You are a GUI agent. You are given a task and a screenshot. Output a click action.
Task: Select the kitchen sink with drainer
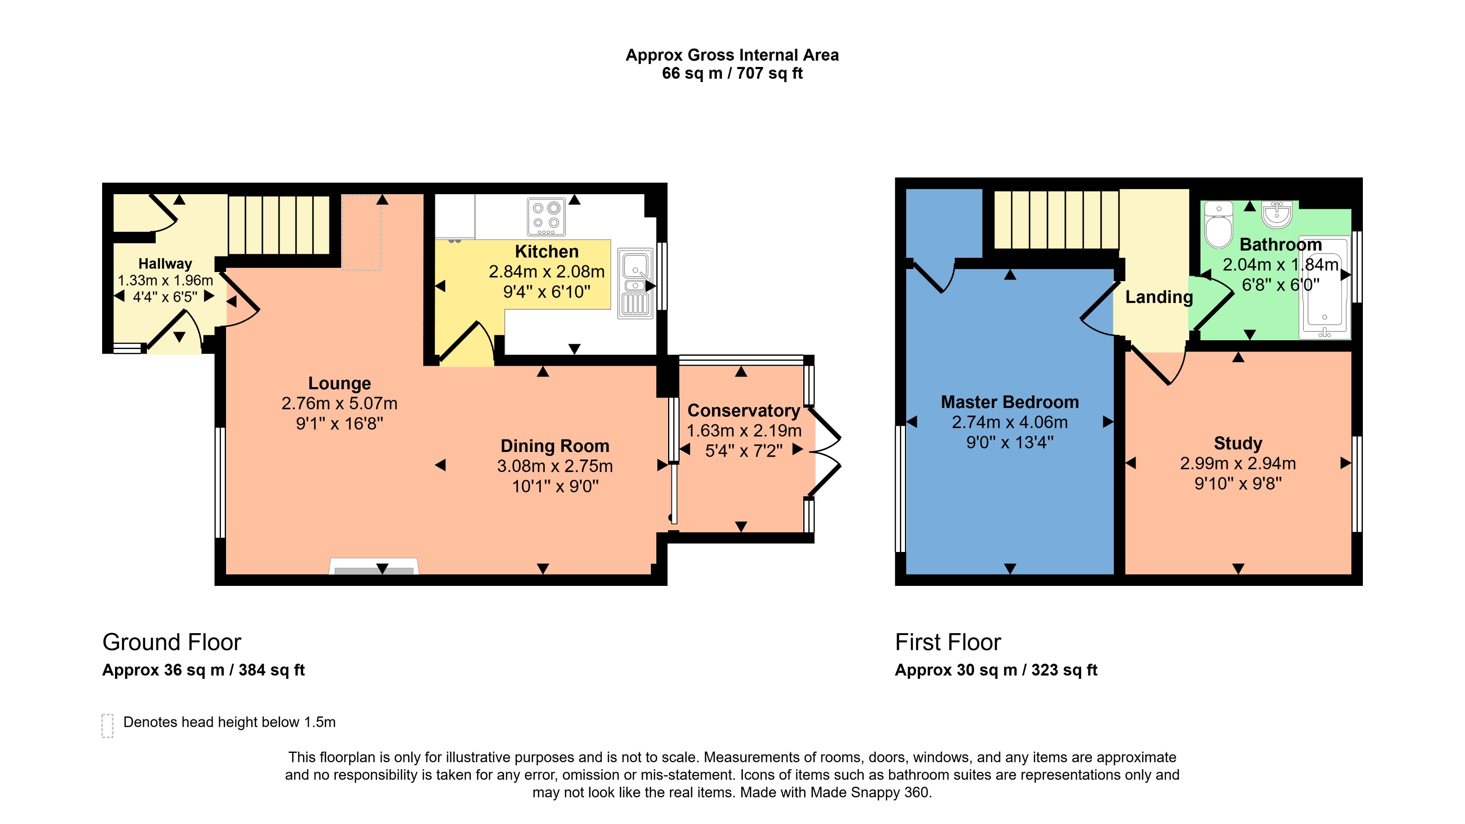point(635,283)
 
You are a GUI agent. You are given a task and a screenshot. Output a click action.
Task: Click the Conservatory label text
point(743,410)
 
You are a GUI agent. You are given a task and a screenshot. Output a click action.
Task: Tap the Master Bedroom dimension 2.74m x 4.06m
point(1010,422)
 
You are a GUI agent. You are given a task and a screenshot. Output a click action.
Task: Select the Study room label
point(1238,443)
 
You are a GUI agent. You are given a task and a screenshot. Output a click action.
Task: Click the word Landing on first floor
point(1159,297)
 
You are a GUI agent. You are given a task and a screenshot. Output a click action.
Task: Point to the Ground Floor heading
point(171,642)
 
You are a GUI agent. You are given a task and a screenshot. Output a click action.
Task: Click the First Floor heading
point(948,642)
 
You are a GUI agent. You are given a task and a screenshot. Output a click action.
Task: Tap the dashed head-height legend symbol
point(108,726)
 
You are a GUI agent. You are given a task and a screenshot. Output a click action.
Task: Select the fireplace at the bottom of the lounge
point(374,567)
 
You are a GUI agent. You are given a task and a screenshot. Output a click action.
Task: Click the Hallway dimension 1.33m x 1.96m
point(165,280)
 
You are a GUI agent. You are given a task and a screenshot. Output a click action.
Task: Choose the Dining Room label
point(555,446)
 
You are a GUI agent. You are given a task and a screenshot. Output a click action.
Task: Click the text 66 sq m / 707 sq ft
point(732,73)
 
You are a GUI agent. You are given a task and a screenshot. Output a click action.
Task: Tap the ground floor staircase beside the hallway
point(279,225)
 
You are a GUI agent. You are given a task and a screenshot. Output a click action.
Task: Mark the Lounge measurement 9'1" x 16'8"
point(339,424)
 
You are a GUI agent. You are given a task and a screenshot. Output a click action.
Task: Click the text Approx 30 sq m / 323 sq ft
point(996,670)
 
